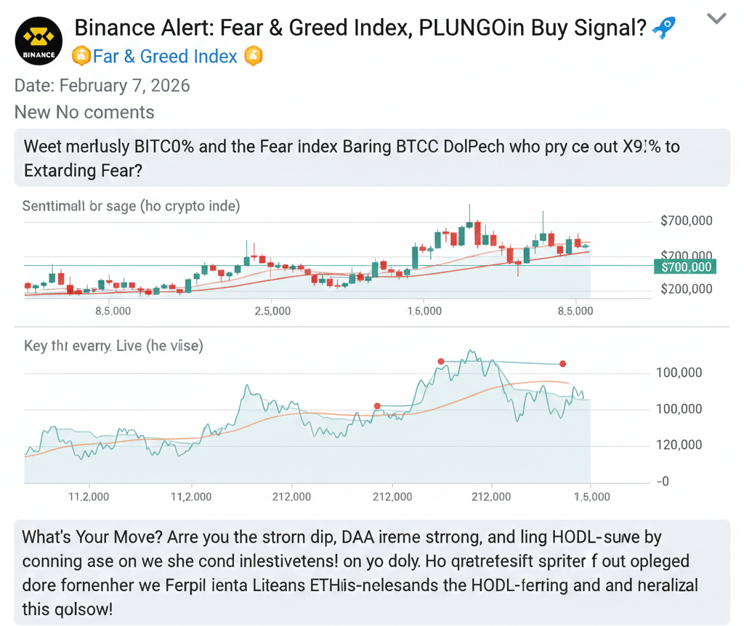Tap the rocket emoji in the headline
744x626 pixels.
663,28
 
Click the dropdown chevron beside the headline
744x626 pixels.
716,19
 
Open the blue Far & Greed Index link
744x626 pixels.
165,56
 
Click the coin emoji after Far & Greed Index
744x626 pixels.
253,56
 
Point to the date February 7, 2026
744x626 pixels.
102,86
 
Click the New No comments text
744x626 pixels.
84,112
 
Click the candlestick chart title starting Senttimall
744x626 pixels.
131,206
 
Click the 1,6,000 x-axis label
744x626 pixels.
424,311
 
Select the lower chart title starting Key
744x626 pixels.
113,346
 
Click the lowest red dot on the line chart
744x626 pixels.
376,406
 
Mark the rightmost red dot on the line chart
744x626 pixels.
562,364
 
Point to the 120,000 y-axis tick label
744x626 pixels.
678,445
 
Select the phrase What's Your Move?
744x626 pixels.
91,538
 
